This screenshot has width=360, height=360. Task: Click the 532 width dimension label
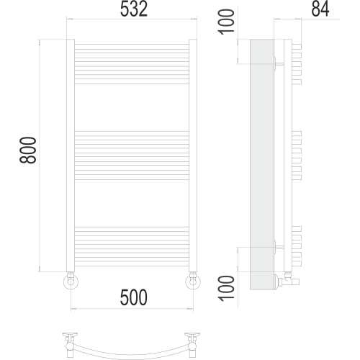click(x=134, y=9)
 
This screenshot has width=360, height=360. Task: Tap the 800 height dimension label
click(x=28, y=150)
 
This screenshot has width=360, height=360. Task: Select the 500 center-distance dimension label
click(x=134, y=297)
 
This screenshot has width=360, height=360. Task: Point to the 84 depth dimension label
click(x=320, y=9)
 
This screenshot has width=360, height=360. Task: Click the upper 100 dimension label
click(x=226, y=22)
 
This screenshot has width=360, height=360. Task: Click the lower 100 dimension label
click(x=226, y=288)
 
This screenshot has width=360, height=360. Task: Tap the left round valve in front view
click(x=71, y=281)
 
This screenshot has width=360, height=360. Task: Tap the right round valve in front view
click(x=193, y=281)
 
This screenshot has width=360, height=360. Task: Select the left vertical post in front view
click(x=71, y=156)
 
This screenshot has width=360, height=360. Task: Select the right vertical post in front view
click(x=193, y=156)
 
